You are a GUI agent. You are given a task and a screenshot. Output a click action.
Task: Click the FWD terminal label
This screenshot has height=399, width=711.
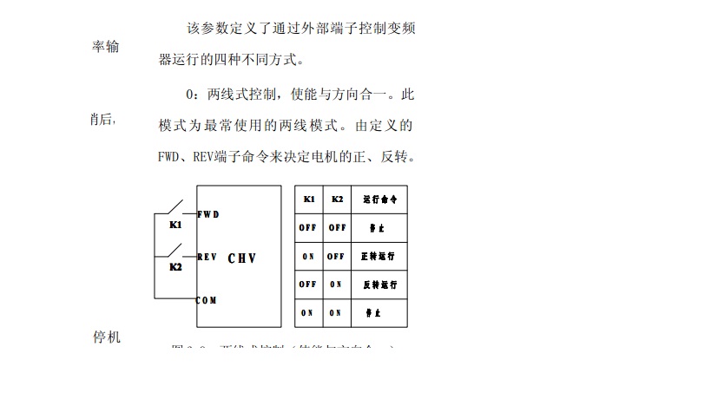click(208, 213)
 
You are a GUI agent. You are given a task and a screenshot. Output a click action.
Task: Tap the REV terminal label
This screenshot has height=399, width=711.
click(207, 257)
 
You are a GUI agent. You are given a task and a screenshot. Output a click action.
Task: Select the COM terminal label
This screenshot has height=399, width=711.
click(207, 300)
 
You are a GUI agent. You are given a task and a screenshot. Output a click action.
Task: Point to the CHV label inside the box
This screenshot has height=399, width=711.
click(243, 258)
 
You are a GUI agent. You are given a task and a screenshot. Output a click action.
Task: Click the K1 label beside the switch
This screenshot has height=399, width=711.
click(175, 225)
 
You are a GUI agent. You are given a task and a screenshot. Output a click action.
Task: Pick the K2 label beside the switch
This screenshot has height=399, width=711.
click(175, 267)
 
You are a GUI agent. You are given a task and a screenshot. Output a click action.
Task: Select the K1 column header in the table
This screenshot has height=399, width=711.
click(309, 199)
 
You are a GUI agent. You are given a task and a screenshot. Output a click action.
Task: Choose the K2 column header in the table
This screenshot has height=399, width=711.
click(337, 199)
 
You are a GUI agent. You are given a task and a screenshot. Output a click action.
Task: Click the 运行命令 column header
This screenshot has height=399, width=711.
click(379, 199)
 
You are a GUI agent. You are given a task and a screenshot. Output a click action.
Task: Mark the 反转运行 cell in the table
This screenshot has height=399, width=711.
click(379, 284)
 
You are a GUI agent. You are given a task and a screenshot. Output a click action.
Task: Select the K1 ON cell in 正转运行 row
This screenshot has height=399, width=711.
click(308, 256)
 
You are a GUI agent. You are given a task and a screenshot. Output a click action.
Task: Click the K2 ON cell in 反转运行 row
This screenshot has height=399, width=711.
click(336, 284)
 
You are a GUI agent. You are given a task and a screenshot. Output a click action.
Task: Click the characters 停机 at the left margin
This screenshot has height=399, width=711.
click(106, 337)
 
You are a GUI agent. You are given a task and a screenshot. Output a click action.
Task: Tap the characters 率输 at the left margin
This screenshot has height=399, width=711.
click(106, 46)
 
